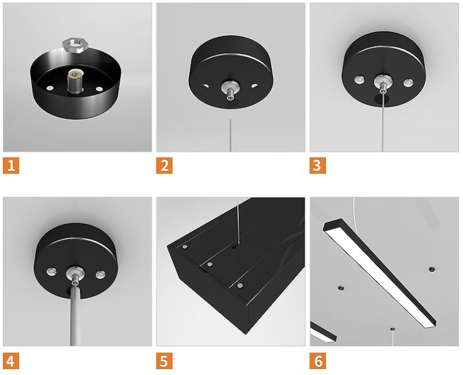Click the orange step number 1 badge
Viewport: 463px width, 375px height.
(11, 165)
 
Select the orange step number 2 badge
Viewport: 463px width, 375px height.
(165, 165)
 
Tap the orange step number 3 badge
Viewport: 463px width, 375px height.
(318, 165)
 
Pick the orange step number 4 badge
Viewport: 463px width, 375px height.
(11, 361)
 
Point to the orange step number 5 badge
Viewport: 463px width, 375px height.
(165, 361)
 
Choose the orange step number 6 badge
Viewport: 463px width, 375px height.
(318, 361)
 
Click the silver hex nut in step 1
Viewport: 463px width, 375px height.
(75, 45)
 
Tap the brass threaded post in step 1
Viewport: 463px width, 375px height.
(75, 82)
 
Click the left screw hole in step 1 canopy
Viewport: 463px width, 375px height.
(50, 88)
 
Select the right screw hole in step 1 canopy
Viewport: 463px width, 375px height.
(99, 89)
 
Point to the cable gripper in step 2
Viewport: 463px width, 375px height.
(230, 90)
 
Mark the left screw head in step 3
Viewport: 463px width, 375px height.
(359, 79)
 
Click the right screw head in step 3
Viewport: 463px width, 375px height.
(409, 83)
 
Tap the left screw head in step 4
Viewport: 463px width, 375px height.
(51, 271)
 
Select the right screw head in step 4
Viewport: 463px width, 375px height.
(101, 274)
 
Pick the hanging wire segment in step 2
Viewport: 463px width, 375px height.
(230, 135)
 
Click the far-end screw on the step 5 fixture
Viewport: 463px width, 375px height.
(185, 247)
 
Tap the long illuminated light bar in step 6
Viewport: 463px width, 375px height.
(379, 273)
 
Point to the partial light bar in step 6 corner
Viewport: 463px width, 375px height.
(323, 332)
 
